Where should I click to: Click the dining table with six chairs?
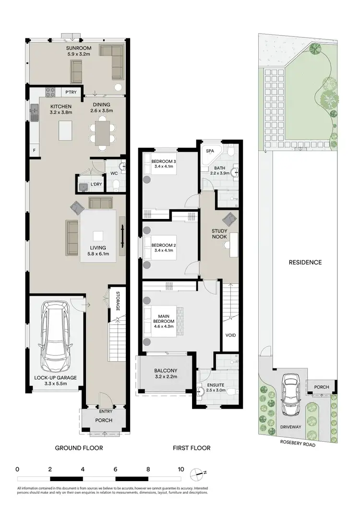[102, 132]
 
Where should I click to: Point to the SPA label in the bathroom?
[210, 151]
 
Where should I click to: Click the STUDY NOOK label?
[219, 234]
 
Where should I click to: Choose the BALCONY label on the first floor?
[165, 370]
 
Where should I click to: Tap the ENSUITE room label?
[216, 385]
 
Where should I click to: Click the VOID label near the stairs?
[230, 335]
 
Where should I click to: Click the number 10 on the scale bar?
[181, 469]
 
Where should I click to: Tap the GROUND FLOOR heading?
[79, 448]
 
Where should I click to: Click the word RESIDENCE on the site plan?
[305, 262]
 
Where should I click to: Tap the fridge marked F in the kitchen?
[34, 150]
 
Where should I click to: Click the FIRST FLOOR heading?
[192, 448]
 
